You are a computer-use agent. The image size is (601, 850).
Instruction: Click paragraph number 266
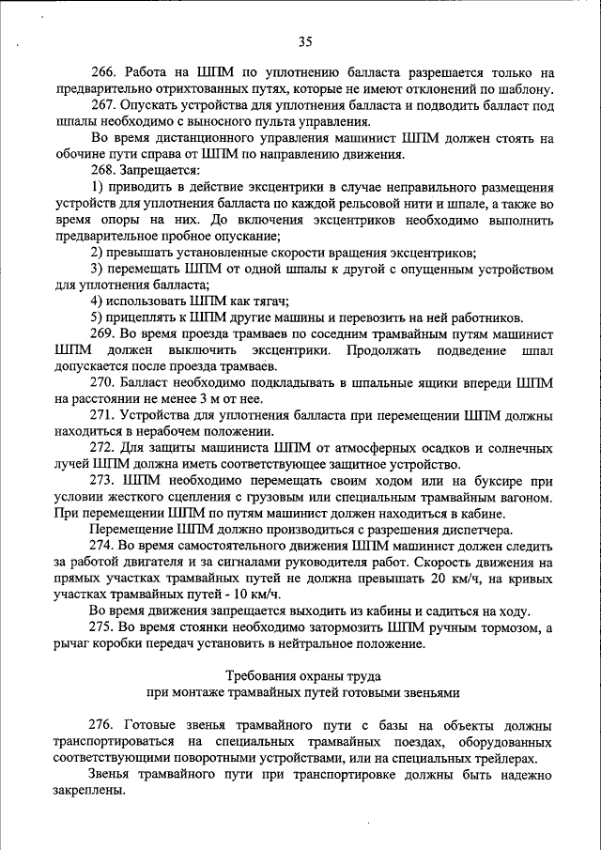point(102,72)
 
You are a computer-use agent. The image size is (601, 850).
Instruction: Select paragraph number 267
point(102,105)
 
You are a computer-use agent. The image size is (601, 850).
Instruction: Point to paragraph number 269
point(102,333)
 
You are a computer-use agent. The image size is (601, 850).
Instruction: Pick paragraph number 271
point(102,415)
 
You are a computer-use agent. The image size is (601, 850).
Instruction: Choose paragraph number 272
point(102,448)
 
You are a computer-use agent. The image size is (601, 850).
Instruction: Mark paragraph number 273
point(102,480)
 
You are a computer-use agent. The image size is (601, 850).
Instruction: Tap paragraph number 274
point(102,546)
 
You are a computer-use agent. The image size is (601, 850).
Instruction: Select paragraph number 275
point(102,627)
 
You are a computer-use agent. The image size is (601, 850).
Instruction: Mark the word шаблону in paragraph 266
point(524,89)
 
